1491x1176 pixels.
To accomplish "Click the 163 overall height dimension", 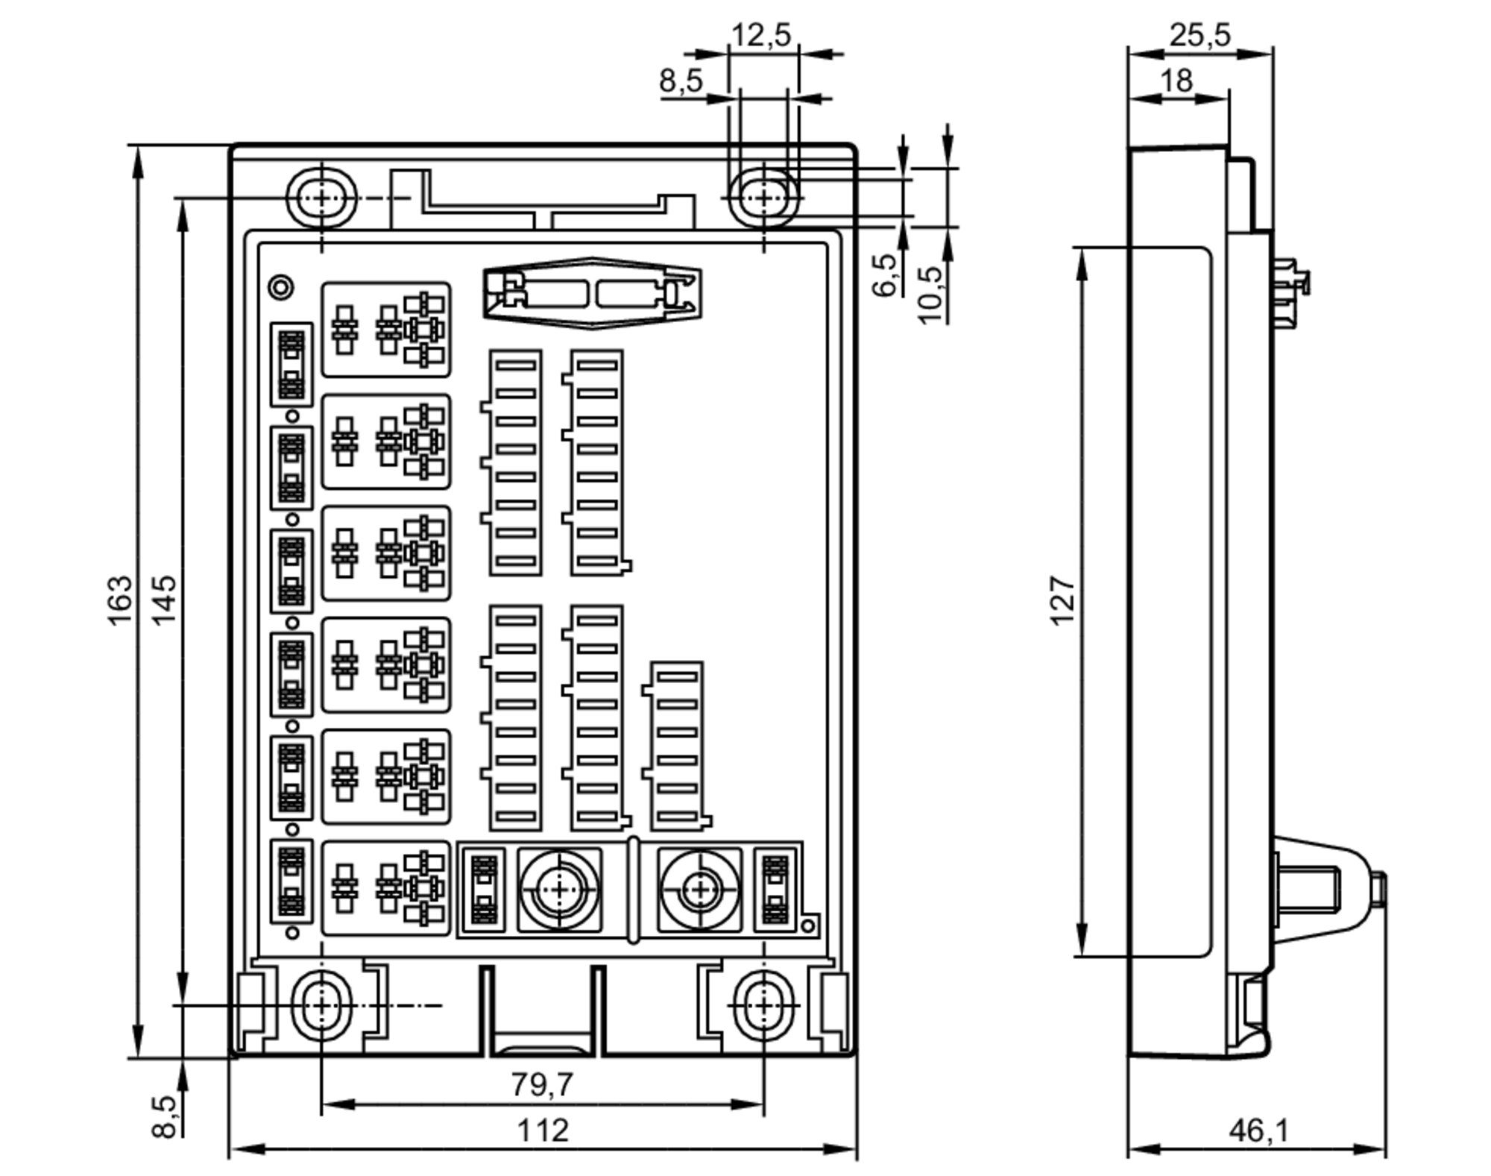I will [x=120, y=600].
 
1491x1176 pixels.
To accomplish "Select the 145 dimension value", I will [x=164, y=600].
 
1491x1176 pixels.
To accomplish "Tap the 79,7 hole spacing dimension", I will [x=542, y=1084].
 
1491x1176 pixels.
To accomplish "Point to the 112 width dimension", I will [x=542, y=1130].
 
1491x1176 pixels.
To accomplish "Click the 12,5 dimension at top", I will [x=760, y=35].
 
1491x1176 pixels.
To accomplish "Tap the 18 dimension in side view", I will [x=1176, y=80].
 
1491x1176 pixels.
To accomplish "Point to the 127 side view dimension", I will [x=1062, y=600].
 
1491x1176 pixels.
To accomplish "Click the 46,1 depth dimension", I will [x=1258, y=1131].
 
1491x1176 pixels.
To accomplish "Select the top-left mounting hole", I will [x=322, y=198].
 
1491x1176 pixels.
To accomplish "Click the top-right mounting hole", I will [x=763, y=198].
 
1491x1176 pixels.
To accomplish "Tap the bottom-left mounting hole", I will [x=321, y=1005].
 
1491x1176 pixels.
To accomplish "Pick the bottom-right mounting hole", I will [x=764, y=1005].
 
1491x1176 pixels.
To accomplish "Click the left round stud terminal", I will [x=559, y=889].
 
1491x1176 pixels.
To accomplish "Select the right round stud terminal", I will [x=699, y=889].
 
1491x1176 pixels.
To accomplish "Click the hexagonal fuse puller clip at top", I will [x=592, y=293].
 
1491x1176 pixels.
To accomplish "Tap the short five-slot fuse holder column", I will [x=677, y=746].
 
